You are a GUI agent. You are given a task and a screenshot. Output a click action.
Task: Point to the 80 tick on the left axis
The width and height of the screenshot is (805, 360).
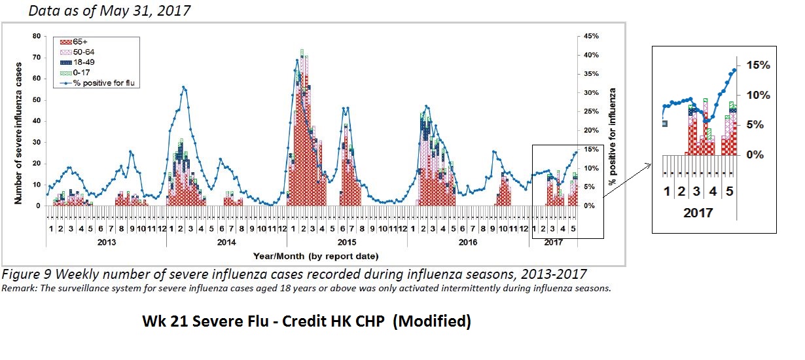click(x=37, y=36)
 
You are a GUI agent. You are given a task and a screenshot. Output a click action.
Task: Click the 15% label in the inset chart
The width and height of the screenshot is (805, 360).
click(x=757, y=65)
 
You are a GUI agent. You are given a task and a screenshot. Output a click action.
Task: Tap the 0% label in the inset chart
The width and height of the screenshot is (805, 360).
click(x=756, y=155)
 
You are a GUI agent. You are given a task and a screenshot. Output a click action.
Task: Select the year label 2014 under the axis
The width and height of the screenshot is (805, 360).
click(x=226, y=243)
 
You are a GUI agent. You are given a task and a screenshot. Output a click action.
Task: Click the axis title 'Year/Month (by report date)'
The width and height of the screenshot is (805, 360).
click(x=316, y=255)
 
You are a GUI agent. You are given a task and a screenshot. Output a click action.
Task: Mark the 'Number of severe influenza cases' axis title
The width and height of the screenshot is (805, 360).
click(x=20, y=121)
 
